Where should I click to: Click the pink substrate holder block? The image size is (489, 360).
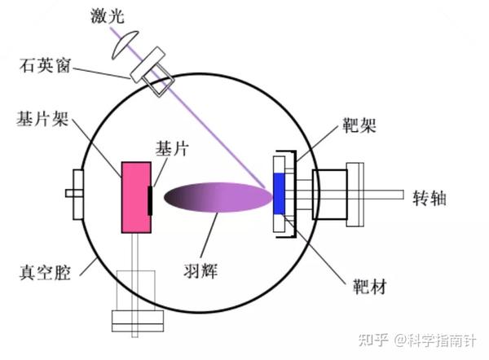pyautogui.click(x=136, y=195)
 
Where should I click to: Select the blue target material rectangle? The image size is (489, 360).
pyautogui.click(x=280, y=195)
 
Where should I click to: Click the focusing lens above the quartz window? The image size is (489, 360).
pyautogui.click(x=123, y=50)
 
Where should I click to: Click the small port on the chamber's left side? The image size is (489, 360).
pyautogui.click(x=76, y=195)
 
